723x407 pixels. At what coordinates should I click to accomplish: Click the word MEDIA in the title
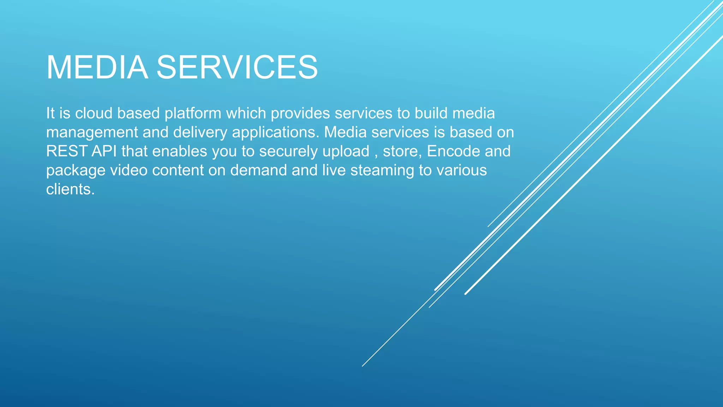coord(97,67)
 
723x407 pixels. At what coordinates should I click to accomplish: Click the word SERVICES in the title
coord(237,67)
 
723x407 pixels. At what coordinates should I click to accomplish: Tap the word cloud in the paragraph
coord(94,113)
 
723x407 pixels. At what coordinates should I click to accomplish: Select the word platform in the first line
coord(193,113)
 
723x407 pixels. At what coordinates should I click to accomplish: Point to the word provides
coord(300,113)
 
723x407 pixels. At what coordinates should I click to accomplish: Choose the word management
coord(92,132)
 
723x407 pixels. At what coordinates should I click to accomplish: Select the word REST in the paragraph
coord(66,151)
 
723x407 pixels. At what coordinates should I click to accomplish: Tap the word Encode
coord(453,151)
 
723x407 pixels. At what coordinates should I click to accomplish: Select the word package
coord(76,171)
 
